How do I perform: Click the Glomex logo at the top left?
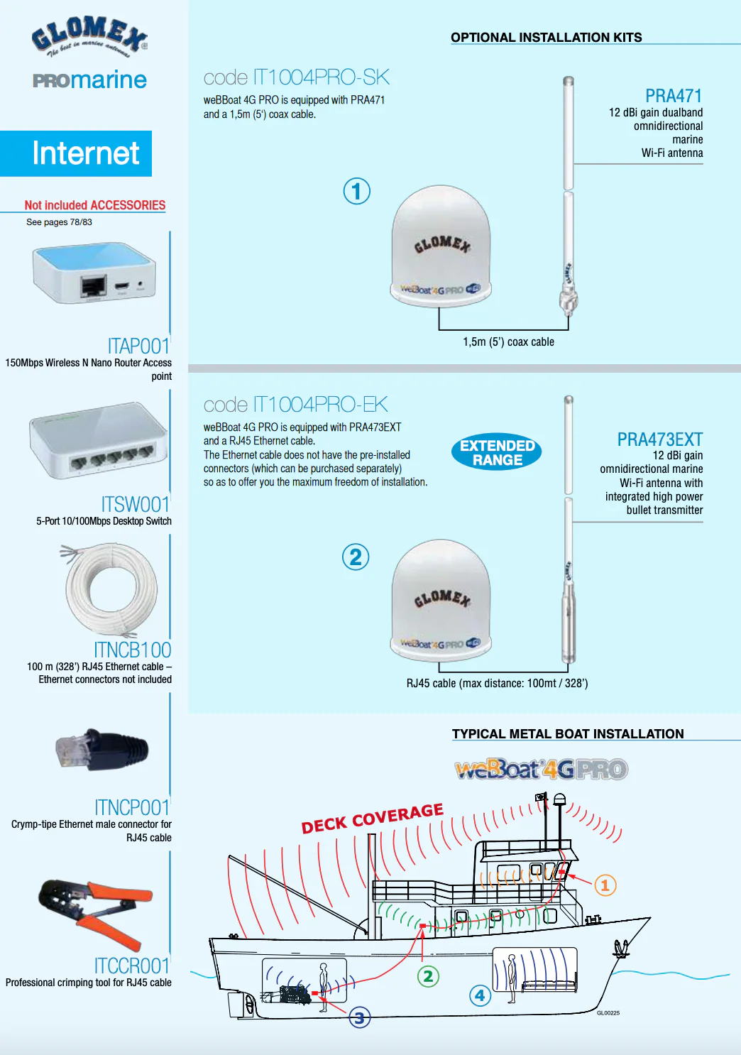coord(89,38)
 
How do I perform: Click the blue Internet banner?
coord(76,153)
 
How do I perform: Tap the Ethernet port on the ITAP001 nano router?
coord(94,285)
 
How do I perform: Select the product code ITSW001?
coord(135,504)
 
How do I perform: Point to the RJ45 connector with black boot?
coord(102,750)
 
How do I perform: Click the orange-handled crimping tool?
coord(96,914)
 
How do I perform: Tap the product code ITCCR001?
coord(132,966)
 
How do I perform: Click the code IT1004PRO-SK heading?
coord(297,77)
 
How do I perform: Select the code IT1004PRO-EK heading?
coord(296,405)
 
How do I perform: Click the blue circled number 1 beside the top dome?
coord(356,191)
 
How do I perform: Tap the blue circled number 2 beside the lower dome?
coord(356,557)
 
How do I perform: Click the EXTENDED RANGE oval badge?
coord(497,452)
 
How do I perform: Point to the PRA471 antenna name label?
coord(674,96)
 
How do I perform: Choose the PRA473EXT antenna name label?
coord(660,439)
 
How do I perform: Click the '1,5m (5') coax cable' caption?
coord(508,342)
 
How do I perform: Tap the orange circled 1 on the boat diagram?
coord(605,885)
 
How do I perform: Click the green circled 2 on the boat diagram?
coord(428,976)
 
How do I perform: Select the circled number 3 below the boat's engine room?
coord(360,1018)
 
